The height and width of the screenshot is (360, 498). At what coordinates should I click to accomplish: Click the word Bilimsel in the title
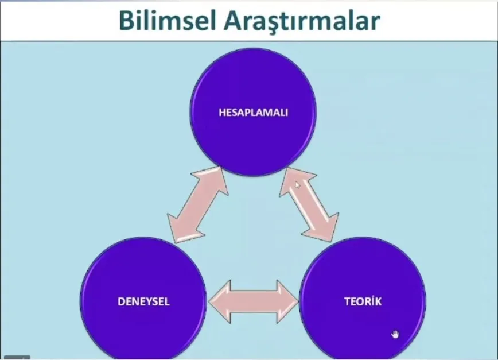coord(166,20)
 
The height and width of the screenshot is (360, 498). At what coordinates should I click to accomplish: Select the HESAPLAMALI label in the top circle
coord(253,113)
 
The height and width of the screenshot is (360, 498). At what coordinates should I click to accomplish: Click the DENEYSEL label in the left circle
coord(143,301)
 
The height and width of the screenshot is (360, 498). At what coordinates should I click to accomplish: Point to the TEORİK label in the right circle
coord(363,301)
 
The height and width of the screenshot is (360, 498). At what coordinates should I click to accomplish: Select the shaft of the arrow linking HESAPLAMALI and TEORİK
coord(310,203)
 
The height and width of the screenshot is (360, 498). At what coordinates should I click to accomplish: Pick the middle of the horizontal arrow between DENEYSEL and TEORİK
coord(253,301)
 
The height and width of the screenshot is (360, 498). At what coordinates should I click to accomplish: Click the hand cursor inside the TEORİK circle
coord(395,335)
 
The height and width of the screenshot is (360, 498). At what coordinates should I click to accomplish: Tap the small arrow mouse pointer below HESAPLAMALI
coord(297,184)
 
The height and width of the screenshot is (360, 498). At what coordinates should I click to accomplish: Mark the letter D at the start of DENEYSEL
coord(121,301)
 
